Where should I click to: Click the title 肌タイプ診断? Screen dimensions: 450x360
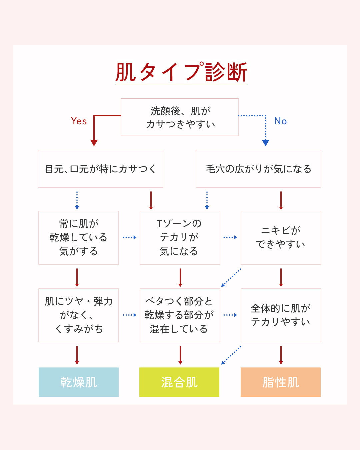pyautogui.click(x=181, y=72)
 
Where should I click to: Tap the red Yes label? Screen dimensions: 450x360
pyautogui.click(x=79, y=121)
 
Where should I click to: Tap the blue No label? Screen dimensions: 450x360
pyautogui.click(x=280, y=121)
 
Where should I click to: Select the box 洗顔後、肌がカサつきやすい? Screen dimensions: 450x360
pyautogui.click(x=180, y=117)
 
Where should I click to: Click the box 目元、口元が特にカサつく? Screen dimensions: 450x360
pyautogui.click(x=100, y=169)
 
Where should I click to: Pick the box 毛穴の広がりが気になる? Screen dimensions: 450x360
pyautogui.click(x=258, y=169)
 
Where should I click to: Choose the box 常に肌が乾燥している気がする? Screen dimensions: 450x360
pyautogui.click(x=79, y=237)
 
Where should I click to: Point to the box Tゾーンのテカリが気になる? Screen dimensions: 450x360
pyautogui.click(x=180, y=237)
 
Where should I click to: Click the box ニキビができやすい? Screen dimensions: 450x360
pyautogui.click(x=281, y=237)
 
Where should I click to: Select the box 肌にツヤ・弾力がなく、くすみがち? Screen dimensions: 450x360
pyautogui.click(x=79, y=315)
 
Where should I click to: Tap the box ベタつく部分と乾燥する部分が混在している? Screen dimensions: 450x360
pyautogui.click(x=180, y=315)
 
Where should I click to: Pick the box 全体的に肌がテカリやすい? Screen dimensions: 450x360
pyautogui.click(x=281, y=315)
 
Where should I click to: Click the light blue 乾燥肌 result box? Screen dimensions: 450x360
pyautogui.click(x=79, y=382)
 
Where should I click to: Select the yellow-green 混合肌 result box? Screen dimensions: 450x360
pyautogui.click(x=179, y=382)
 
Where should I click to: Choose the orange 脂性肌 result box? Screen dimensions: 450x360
pyautogui.click(x=281, y=382)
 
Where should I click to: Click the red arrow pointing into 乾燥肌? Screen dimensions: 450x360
pyautogui.click(x=77, y=355)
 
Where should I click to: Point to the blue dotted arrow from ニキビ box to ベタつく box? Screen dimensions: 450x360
pyautogui.click(x=231, y=278)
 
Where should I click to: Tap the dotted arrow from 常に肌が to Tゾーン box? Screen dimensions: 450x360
pyautogui.click(x=129, y=237)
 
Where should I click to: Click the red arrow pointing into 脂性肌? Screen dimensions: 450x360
pyautogui.click(x=281, y=355)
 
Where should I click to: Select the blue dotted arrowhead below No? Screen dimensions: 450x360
pyautogui.click(x=266, y=143)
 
